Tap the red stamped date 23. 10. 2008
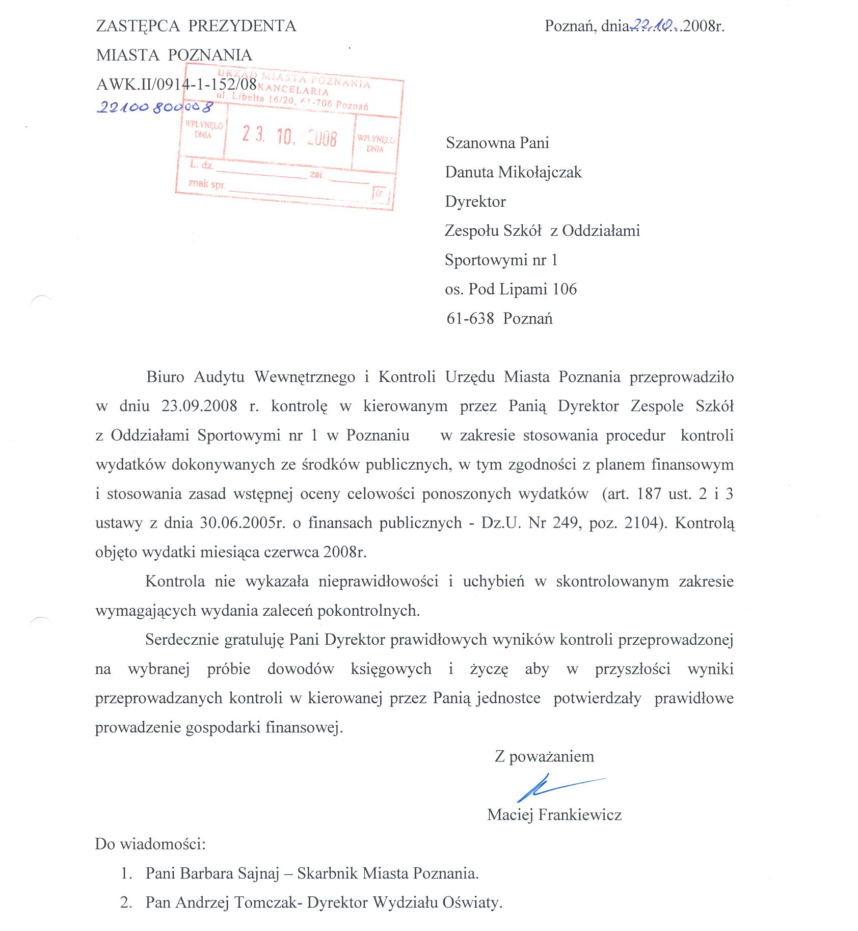pyautogui.click(x=289, y=136)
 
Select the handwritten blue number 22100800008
pyautogui.click(x=155, y=107)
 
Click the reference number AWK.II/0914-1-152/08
pyautogui.click(x=176, y=84)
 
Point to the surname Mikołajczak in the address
pyautogui.click(x=540, y=172)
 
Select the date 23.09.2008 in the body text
pyautogui.click(x=199, y=406)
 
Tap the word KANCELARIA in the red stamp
pyautogui.click(x=296, y=90)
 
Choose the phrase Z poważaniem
pyautogui.click(x=544, y=756)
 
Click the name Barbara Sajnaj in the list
pyautogui.click(x=230, y=873)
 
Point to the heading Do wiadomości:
pyautogui.click(x=150, y=844)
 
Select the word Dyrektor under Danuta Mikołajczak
pyautogui.click(x=475, y=202)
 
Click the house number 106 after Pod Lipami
pyautogui.click(x=565, y=289)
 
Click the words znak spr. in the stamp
pyautogui.click(x=206, y=183)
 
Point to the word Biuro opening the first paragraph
pyautogui.click(x=165, y=377)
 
